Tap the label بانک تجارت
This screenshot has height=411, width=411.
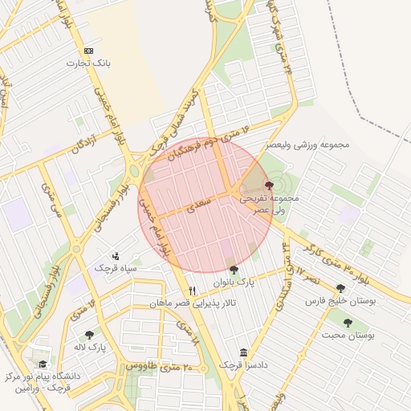87,63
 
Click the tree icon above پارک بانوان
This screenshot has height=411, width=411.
234,270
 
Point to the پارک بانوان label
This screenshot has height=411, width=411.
234,283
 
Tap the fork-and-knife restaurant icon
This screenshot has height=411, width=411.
192,291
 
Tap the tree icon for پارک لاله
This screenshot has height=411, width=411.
88,335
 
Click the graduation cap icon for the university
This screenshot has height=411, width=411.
43,364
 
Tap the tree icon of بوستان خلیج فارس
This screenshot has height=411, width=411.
340,287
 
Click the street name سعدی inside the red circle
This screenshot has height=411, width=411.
198,206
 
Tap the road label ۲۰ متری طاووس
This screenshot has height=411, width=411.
161,367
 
